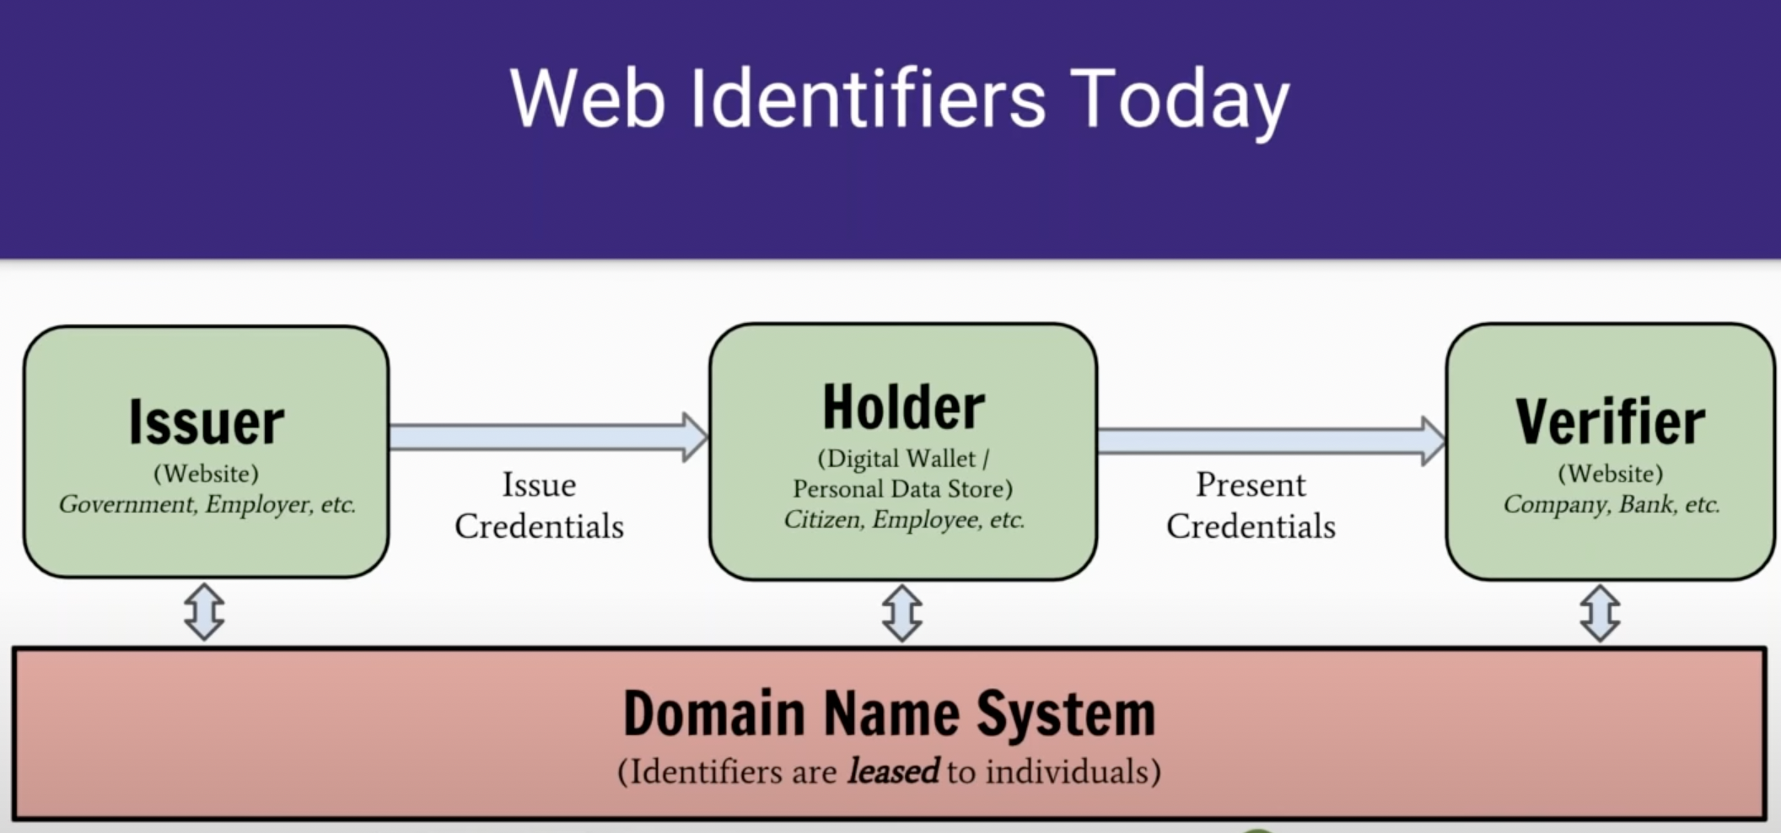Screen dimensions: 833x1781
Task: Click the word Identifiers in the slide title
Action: pos(868,99)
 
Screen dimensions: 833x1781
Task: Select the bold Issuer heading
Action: pos(207,422)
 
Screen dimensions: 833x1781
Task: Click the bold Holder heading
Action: pos(903,407)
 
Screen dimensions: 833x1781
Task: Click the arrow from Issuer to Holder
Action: pos(548,437)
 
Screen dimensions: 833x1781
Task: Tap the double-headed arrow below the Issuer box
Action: pos(204,611)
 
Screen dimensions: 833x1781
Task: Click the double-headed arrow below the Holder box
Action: pos(901,613)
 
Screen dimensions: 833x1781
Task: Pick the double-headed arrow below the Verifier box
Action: pos(1600,613)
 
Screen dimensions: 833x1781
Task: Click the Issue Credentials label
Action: pos(539,505)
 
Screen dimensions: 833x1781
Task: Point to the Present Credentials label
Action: pos(1251,505)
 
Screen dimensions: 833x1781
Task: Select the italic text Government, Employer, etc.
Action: pos(207,504)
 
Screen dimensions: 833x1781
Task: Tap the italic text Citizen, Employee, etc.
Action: pos(903,519)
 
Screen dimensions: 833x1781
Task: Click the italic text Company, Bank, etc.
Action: pos(1610,504)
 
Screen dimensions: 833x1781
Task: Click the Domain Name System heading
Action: pos(889,714)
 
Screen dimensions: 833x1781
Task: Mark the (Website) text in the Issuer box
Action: pos(206,473)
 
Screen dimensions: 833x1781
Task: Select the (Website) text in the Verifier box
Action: pos(1610,473)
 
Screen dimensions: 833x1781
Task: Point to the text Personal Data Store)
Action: pos(902,489)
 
